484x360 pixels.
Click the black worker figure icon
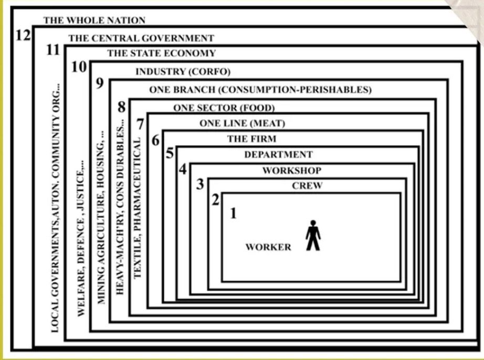[313, 235]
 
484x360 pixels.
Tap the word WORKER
[268, 247]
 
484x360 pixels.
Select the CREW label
[307, 186]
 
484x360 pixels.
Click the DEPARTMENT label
[278, 155]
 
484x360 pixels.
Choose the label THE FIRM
[251, 139]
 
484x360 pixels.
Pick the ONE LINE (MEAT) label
[242, 124]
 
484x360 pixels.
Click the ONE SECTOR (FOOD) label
[224, 109]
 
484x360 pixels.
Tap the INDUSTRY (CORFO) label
[183, 72]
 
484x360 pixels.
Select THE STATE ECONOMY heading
[161, 53]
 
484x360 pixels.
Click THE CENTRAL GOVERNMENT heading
[141, 38]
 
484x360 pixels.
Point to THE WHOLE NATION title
[94, 20]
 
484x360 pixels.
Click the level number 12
[22, 37]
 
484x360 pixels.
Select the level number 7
[139, 124]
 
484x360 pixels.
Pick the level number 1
[233, 213]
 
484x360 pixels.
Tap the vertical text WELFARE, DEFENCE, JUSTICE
[81, 239]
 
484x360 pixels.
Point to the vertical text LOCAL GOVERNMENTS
[55, 210]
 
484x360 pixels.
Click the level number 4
[182, 170]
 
